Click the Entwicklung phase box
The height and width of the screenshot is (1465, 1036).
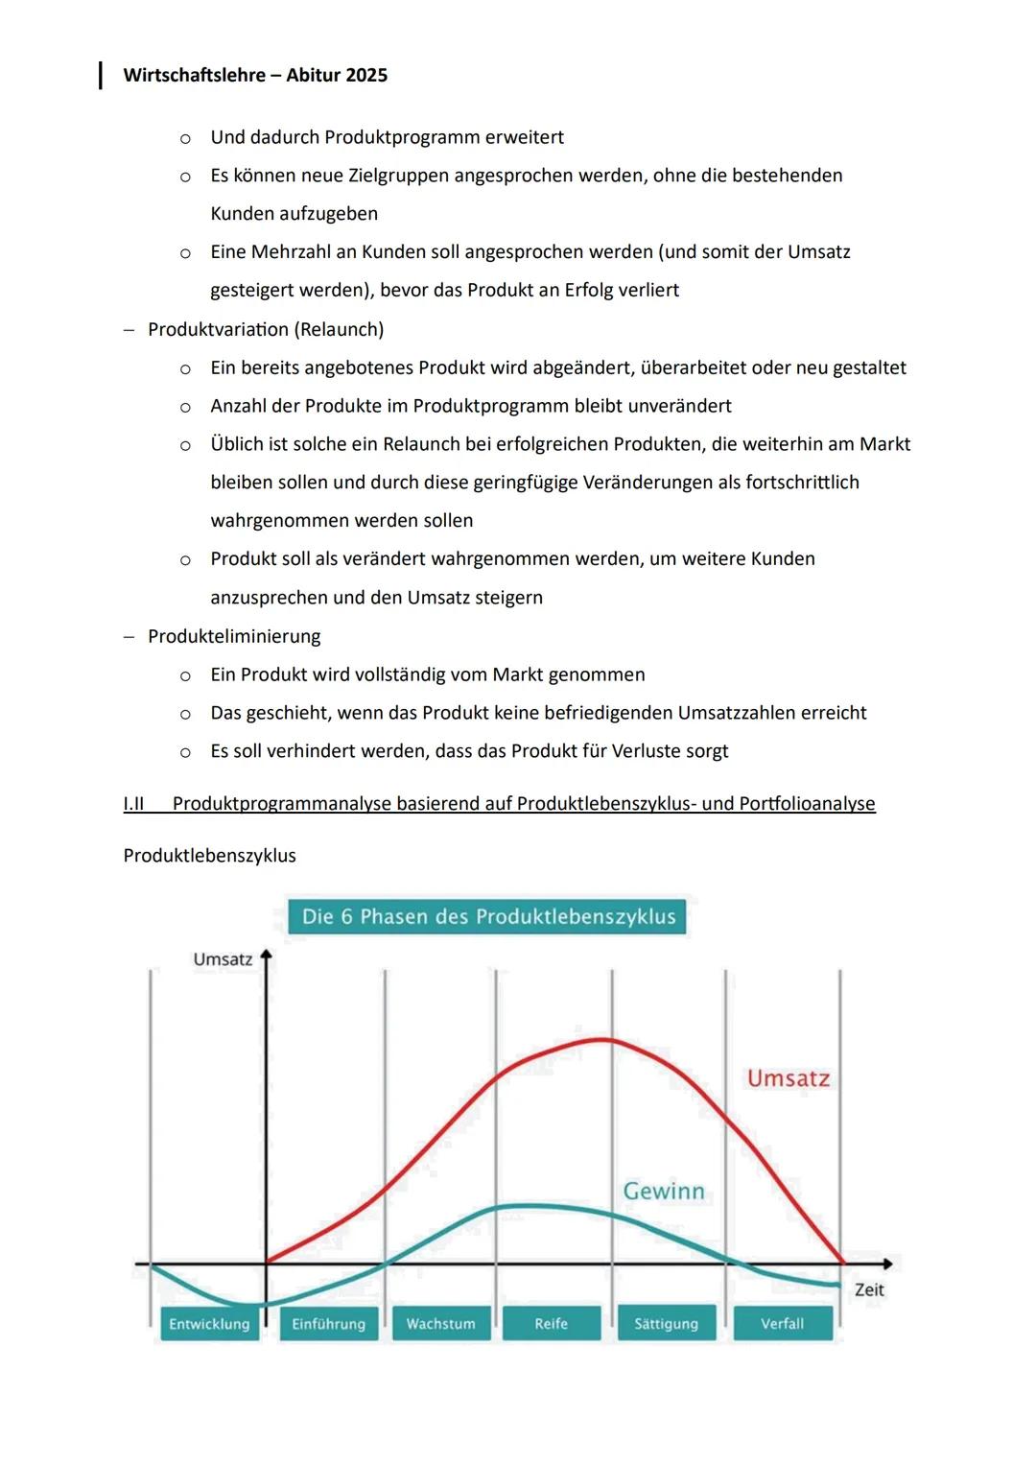point(209,1324)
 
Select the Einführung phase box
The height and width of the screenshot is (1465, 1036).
point(329,1324)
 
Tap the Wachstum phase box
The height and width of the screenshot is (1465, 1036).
point(440,1324)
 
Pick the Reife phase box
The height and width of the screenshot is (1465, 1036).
point(552,1324)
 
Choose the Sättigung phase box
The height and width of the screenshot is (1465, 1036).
point(667,1324)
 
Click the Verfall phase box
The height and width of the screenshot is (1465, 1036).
point(783,1324)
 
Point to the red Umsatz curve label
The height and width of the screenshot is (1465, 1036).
point(789,1078)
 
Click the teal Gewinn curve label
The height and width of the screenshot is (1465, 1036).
point(664,1191)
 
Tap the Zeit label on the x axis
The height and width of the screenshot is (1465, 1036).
point(869,1290)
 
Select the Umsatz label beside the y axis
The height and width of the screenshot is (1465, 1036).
point(223,959)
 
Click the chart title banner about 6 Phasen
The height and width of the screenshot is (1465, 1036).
point(488,916)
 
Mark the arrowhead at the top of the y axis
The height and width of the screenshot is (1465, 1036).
point(267,957)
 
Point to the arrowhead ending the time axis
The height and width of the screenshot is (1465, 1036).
point(887,1264)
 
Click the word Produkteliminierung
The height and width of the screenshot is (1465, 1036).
point(234,636)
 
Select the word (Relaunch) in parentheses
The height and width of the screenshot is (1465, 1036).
point(340,329)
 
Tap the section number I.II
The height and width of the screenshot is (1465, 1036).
point(133,803)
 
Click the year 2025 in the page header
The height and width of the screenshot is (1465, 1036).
point(365,75)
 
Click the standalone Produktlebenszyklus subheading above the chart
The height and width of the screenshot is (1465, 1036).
point(209,856)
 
